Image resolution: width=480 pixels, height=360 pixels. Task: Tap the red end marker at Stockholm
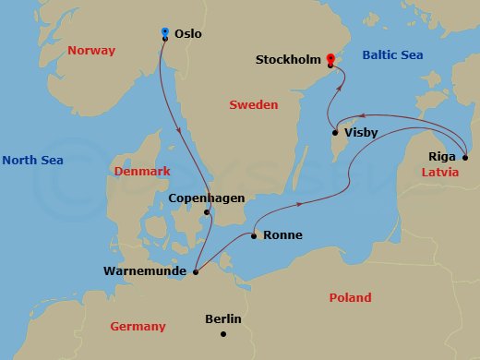330,60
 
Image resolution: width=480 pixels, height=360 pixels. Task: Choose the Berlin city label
222,318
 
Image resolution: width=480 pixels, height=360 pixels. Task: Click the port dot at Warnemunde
196,271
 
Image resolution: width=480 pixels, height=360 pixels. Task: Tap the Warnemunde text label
147,271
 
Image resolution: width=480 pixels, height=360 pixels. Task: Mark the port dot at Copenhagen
208,214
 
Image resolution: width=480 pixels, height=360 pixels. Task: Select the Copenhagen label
206,198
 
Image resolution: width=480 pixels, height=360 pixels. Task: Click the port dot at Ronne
254,235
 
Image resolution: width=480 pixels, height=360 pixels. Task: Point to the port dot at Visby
334,133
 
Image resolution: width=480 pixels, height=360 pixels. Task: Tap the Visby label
360,133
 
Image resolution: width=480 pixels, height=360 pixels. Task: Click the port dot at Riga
465,154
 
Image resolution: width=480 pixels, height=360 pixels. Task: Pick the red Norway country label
90,52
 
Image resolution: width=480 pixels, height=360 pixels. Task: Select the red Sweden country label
253,105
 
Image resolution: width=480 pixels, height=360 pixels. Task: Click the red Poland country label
350,297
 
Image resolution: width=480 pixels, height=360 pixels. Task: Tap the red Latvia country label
440,173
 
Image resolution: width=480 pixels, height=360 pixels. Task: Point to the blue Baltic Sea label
392,55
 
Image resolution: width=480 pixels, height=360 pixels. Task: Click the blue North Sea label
32,161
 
